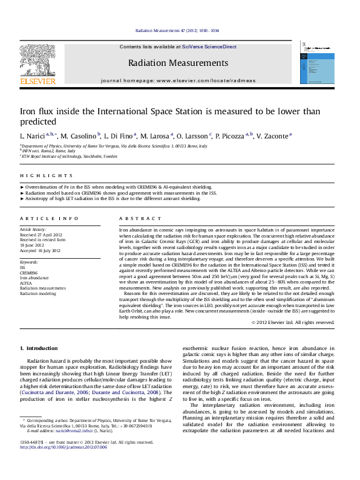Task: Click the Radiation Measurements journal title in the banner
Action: (x=178, y=62)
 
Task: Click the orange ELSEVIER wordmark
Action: (x=38, y=80)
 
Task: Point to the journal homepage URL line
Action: (x=178, y=80)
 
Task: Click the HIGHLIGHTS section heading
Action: (x=38, y=176)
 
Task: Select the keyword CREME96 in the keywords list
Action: (x=30, y=272)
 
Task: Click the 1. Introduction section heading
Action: (x=39, y=349)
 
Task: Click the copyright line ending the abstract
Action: (x=293, y=323)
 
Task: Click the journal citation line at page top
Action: (x=177, y=30)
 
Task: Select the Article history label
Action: (x=33, y=230)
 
